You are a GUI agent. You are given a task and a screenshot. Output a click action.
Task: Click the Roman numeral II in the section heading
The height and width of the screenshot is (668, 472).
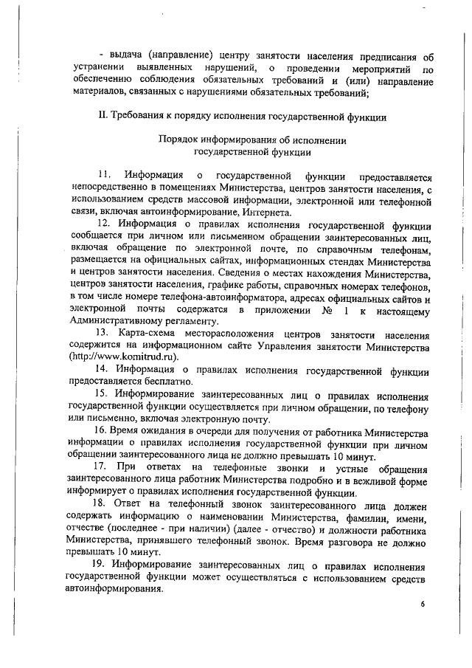103,116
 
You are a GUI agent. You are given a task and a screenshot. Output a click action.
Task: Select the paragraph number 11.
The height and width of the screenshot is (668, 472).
104,175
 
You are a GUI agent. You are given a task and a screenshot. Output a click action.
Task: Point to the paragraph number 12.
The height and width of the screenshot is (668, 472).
104,224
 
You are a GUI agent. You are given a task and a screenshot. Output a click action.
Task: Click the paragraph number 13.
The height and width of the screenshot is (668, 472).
104,333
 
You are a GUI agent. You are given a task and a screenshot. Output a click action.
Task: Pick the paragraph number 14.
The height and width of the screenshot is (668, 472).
103,368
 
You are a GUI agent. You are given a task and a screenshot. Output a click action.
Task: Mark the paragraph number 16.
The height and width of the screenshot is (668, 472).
103,429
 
